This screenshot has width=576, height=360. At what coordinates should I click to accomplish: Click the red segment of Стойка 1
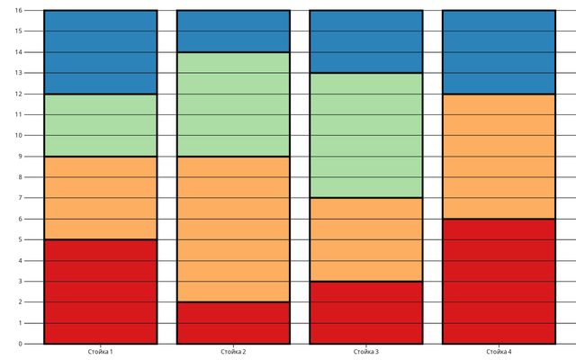[100, 292]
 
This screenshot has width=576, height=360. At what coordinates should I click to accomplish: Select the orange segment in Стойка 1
[100, 198]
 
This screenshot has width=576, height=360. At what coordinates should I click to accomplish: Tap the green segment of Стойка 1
[100, 125]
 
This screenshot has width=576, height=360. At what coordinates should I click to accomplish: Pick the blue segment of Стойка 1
[100, 52]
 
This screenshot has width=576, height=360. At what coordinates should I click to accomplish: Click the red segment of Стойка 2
[233, 322]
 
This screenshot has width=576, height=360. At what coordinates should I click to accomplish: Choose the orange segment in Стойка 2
[233, 229]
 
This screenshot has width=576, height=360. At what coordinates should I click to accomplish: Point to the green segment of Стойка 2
[233, 104]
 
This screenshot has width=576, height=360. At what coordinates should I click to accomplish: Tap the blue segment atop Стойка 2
[233, 31]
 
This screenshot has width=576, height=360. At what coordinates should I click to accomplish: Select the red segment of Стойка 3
[366, 312]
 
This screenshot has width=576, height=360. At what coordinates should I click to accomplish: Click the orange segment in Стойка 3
[366, 239]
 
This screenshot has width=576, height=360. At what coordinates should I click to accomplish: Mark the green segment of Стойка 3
[366, 135]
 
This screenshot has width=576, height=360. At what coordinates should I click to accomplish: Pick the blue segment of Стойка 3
[366, 41]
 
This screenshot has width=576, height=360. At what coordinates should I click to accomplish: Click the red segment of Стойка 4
[499, 281]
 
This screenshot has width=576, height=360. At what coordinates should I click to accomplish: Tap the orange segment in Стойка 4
[499, 157]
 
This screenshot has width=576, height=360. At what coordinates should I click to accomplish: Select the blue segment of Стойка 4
[499, 52]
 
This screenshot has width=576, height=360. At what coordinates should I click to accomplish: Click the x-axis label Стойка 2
[233, 352]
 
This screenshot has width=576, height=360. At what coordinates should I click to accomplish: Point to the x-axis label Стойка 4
[499, 352]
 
